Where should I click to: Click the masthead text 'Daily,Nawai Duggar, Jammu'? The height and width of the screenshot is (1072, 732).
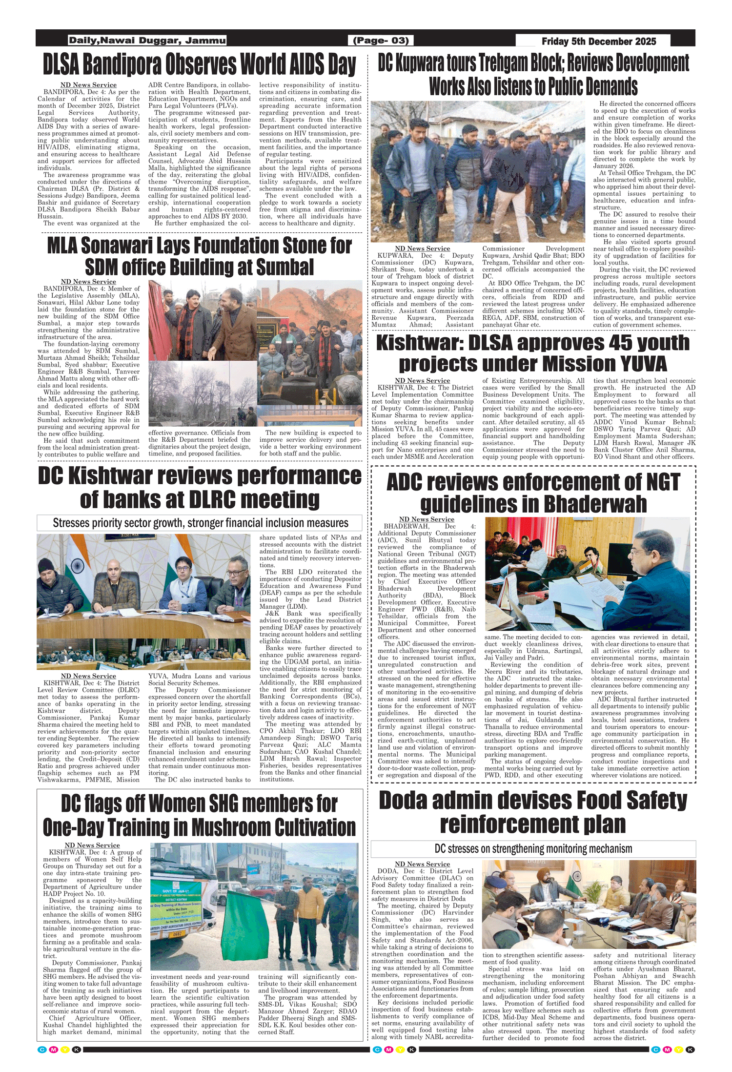click(x=147, y=41)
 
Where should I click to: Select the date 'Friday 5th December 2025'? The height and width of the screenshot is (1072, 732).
click(x=599, y=41)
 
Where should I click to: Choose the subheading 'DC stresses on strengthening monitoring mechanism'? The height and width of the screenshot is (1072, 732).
click(x=533, y=849)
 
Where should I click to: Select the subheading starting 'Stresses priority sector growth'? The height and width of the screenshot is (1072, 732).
click(x=200, y=523)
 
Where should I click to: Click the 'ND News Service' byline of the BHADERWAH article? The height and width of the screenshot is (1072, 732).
click(x=427, y=519)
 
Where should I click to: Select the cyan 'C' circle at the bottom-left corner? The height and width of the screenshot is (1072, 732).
click(x=42, y=1050)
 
